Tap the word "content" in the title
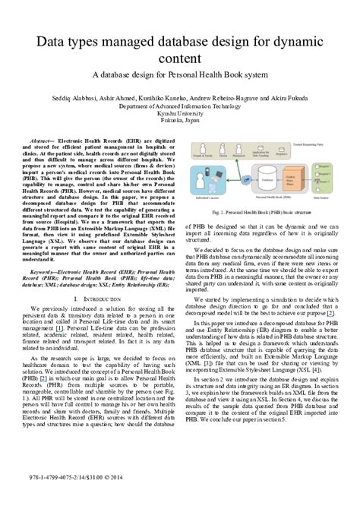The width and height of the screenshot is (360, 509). click(179, 58)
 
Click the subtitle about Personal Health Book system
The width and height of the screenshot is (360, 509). click(179, 76)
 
